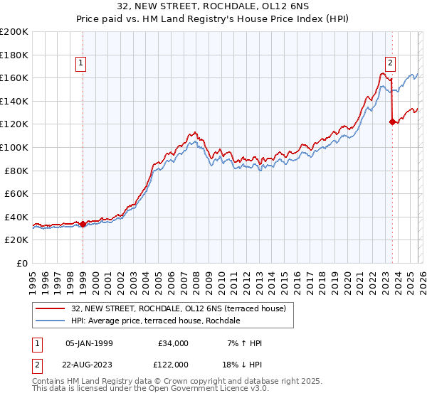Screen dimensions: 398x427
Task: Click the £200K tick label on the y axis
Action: pyautogui.click(x=14, y=31)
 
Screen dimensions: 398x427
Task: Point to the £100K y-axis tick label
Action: pyautogui.click(x=14, y=147)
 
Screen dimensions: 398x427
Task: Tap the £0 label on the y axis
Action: pyautogui.click(x=21, y=263)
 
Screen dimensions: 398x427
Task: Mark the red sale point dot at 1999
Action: pyautogui.click(x=83, y=224)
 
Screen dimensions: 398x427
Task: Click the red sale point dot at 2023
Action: pyautogui.click(x=392, y=122)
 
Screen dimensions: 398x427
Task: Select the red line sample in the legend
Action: pyautogui.click(x=51, y=308)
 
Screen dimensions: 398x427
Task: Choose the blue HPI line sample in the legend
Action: pyautogui.click(x=51, y=321)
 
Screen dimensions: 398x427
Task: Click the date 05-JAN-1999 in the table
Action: pyautogui.click(x=90, y=343)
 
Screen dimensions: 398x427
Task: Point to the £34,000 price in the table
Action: pyautogui.click(x=173, y=343)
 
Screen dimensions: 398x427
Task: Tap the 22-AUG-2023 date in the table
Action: pyautogui.click(x=90, y=364)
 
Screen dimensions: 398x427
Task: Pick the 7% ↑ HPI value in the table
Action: pyautogui.click(x=243, y=343)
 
